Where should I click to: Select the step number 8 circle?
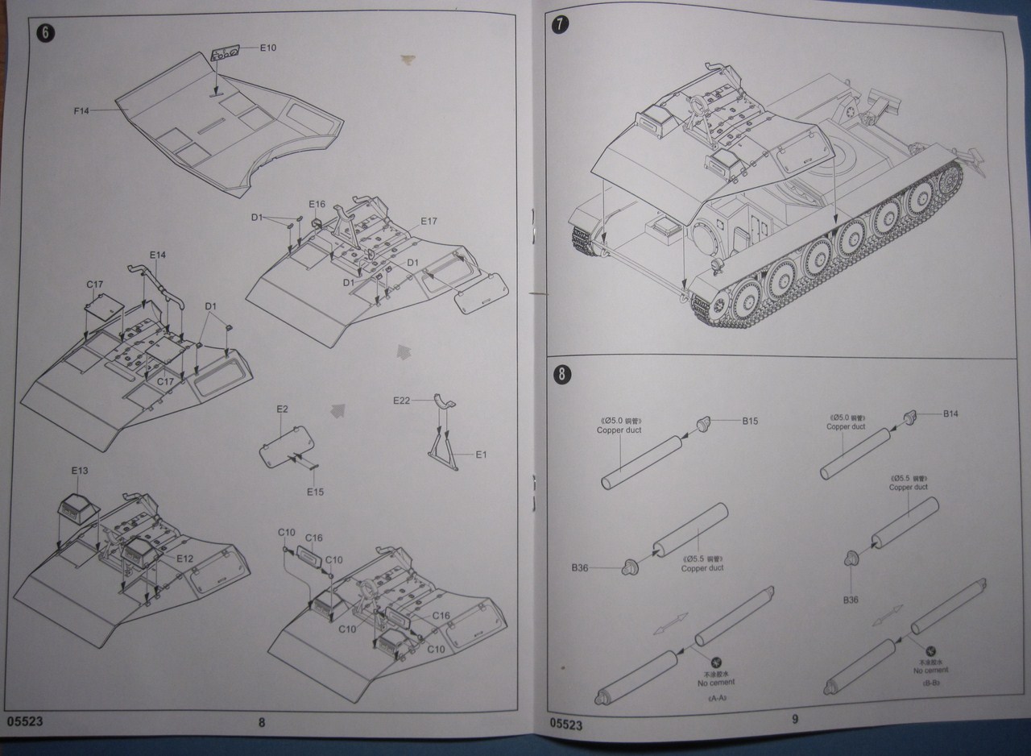(x=561, y=373)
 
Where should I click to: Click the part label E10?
(x=267, y=48)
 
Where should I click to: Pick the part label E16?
(x=317, y=205)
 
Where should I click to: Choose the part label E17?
(x=428, y=222)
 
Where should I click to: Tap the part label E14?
(x=158, y=255)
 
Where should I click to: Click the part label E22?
(x=403, y=401)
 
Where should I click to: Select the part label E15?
(x=315, y=491)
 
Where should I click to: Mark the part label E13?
(x=80, y=470)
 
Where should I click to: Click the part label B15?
(x=751, y=421)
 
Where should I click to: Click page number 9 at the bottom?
(x=794, y=720)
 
